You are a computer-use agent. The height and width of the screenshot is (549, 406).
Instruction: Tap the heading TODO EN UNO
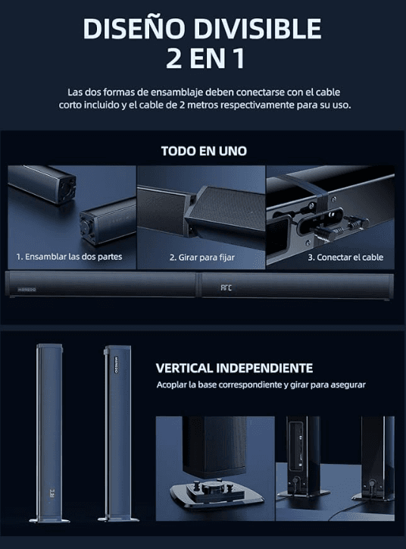click(x=203, y=151)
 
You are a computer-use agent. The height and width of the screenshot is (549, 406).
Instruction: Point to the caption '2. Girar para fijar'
click(x=201, y=257)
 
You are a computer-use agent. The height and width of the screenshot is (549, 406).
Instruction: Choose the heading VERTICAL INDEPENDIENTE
click(x=234, y=369)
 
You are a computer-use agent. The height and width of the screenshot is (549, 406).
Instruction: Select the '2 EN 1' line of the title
click(x=203, y=58)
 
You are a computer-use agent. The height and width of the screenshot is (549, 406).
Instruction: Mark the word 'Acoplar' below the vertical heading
click(x=173, y=385)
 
